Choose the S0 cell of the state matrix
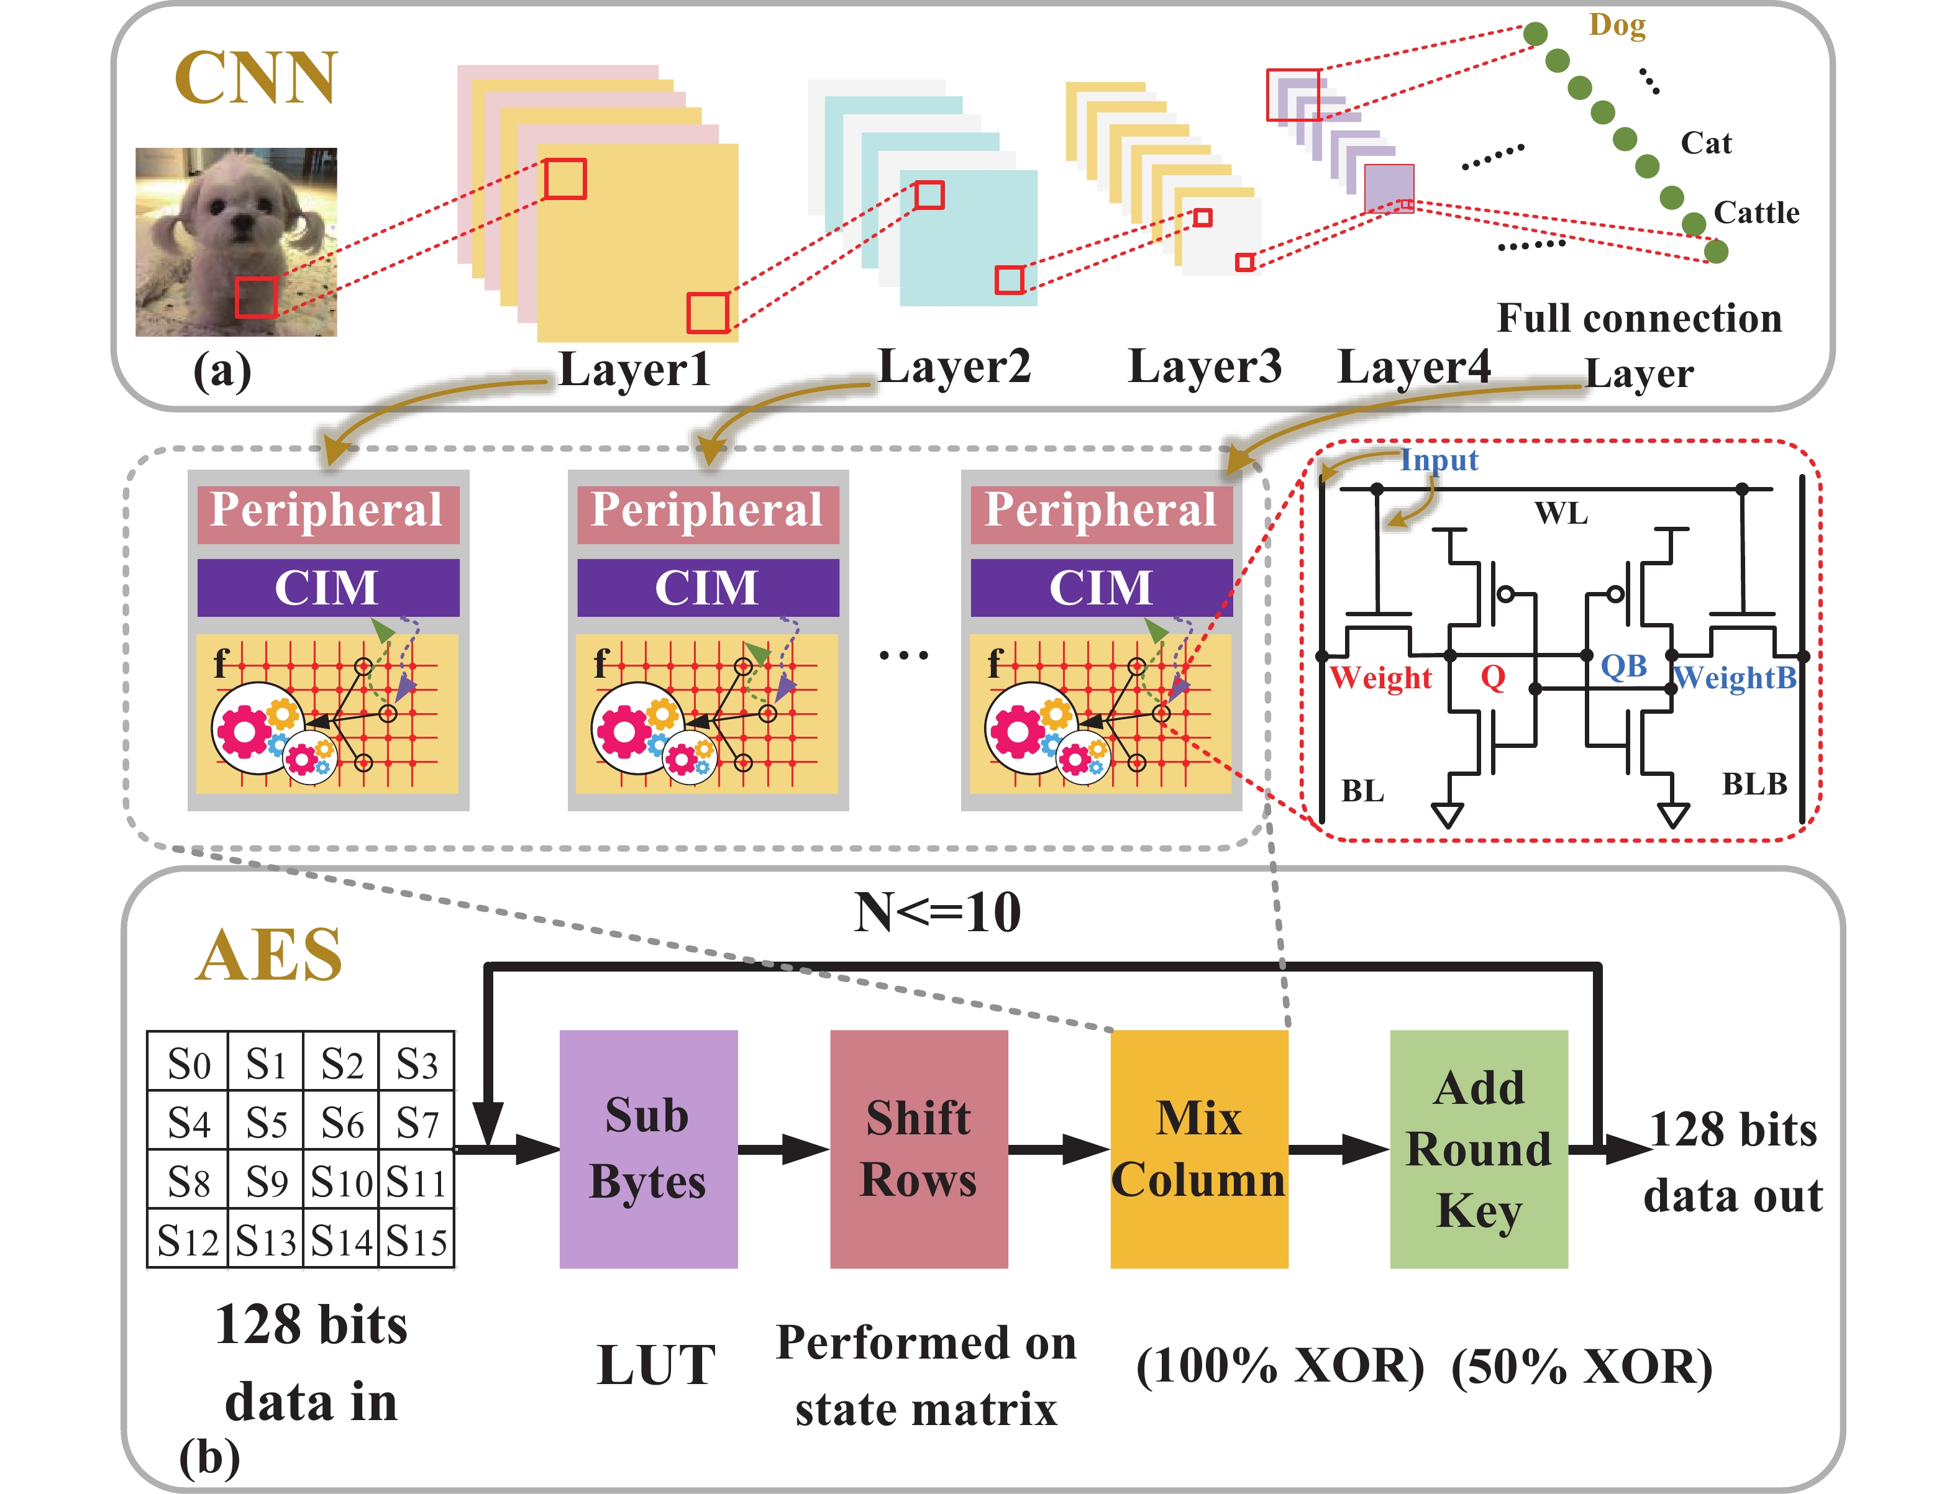point(188,1064)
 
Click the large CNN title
point(256,78)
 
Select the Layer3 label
point(1205,367)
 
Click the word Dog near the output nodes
point(1617,25)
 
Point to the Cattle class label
point(1756,214)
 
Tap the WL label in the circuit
point(1561,514)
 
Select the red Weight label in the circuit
point(1381,678)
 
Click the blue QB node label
point(1623,666)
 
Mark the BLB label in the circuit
point(1754,785)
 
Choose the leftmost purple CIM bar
point(328,588)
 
